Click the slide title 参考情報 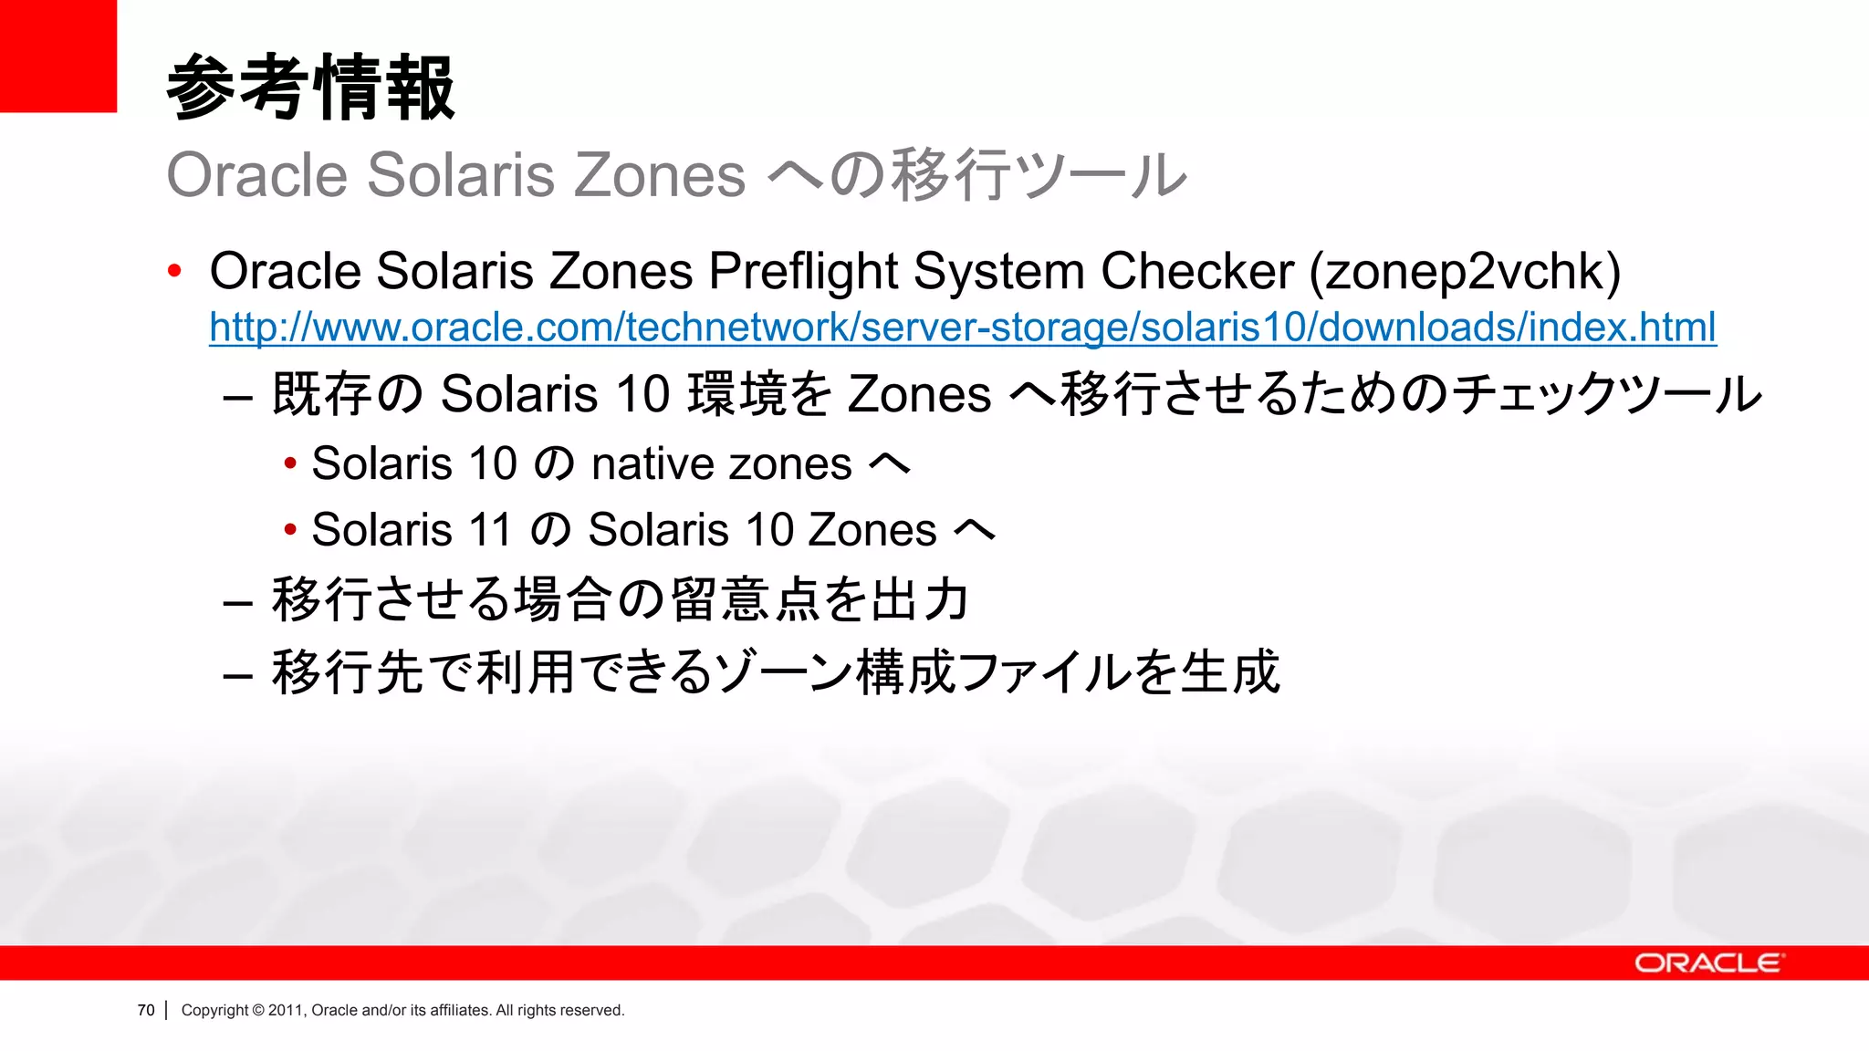pos(310,88)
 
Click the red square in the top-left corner pos(57,56)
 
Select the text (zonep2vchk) pos(1465,271)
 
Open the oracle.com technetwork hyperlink pos(962,328)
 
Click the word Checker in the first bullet pos(1196,271)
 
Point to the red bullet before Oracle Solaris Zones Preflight pos(175,271)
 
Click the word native pos(653,463)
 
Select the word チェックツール pos(1606,394)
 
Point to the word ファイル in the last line pos(1044,672)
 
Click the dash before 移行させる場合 pos(237,602)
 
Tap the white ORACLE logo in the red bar pos(1707,963)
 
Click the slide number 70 pos(146,1010)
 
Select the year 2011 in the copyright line pos(285,1010)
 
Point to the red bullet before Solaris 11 pos(290,529)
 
